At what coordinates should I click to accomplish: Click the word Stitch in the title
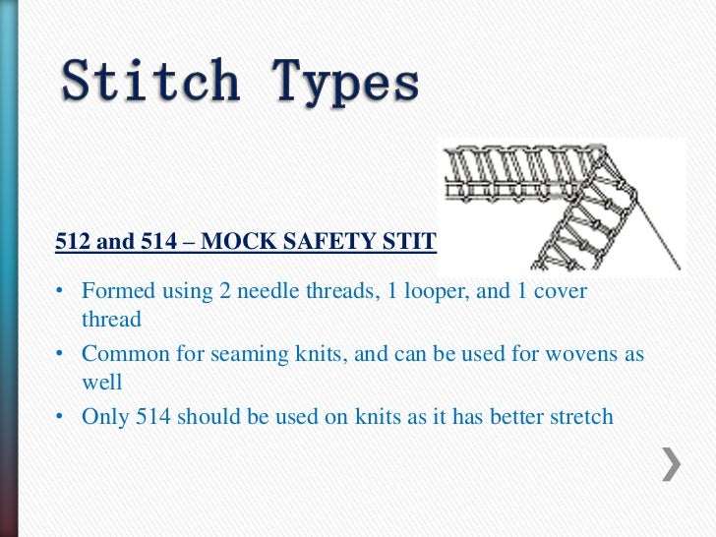[149, 82]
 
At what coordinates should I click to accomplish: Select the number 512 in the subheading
[73, 239]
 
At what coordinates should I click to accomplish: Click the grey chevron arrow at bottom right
[671, 462]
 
